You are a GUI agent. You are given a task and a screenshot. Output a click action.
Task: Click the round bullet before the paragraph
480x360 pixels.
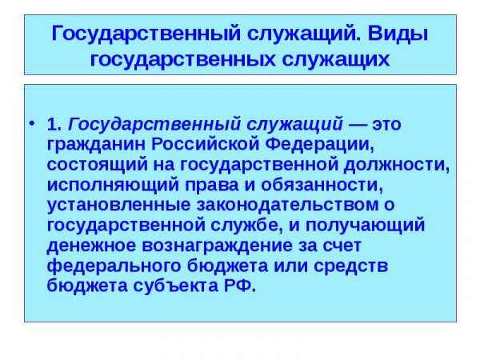(x=33, y=125)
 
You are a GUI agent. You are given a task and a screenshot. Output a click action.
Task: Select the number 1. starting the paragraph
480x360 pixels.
(x=54, y=125)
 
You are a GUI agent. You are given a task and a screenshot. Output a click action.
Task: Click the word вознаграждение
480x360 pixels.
(x=218, y=246)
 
